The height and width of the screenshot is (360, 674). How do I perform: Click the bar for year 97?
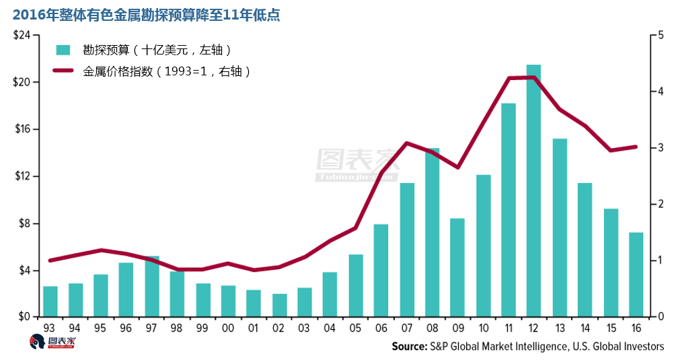coord(152,286)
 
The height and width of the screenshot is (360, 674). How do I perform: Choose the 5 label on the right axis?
coord(661,35)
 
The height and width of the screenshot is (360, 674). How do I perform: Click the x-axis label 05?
coord(356,328)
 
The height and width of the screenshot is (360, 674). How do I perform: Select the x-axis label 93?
coord(50,328)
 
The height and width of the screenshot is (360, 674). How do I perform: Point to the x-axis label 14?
coord(585,328)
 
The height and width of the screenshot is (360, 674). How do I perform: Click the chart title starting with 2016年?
coord(142,13)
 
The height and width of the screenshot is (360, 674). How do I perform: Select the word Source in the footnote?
coord(409,346)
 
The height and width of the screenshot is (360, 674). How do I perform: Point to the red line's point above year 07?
coord(407,143)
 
